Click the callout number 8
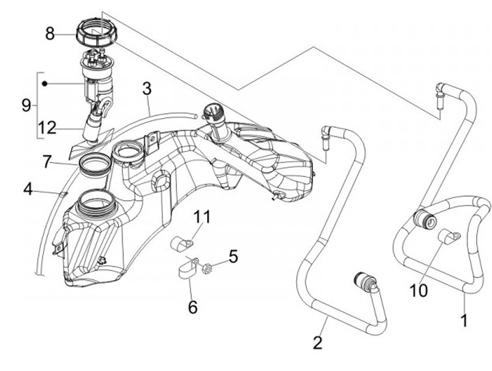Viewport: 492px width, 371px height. click(50, 34)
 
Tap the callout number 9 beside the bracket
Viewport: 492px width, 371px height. click(27, 105)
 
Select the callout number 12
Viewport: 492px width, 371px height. click(48, 128)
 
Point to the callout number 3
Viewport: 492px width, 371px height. click(147, 89)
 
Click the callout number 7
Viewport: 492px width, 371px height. click(46, 162)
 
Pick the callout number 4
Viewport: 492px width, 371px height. click(28, 189)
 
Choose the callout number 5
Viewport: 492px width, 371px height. click(233, 256)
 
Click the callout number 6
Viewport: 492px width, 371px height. click(193, 307)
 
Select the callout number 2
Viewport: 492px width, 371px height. click(318, 342)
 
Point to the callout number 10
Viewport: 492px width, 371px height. click(419, 290)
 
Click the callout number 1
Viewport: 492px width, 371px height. click(464, 320)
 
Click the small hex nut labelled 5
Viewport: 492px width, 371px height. click(206, 269)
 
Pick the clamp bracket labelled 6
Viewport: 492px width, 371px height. click(187, 268)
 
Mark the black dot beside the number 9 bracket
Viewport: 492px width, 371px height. click(44, 84)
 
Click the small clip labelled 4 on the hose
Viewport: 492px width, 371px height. click(63, 194)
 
